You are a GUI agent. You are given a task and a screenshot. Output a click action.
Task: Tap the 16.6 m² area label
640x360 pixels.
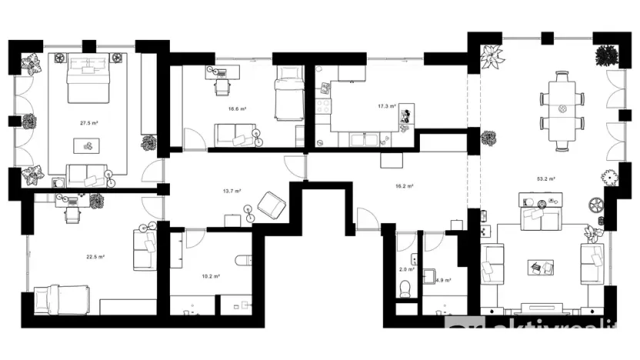[237, 109]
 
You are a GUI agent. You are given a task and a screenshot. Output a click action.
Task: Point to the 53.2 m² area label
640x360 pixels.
[546, 178]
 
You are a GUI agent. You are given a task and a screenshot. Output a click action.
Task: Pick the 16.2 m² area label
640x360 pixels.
[405, 186]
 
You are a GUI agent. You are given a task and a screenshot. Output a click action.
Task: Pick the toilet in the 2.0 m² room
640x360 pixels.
[405, 287]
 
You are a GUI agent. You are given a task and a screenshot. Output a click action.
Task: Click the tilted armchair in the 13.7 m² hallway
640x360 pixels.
[271, 205]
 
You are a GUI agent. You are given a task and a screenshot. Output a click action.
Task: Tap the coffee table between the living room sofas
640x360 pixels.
[539, 267]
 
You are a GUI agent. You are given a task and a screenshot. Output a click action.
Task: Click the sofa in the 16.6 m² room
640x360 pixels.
[234, 135]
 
